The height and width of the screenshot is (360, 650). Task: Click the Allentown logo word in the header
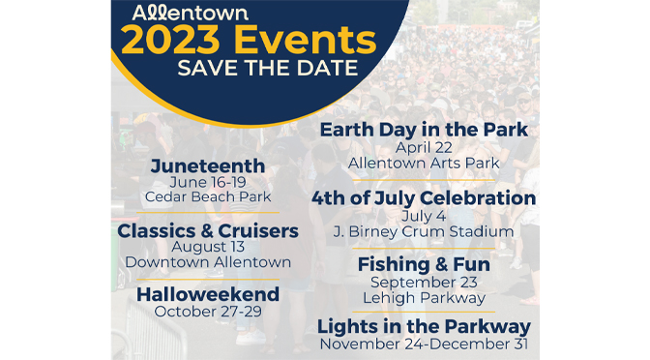click(x=181, y=15)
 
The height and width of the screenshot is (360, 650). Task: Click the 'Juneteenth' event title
click(x=208, y=165)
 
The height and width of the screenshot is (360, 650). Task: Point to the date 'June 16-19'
click(x=208, y=182)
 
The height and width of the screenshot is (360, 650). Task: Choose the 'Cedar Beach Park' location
click(x=208, y=196)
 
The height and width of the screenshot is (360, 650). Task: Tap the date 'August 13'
click(x=208, y=247)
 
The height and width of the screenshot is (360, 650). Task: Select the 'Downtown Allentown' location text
click(x=208, y=262)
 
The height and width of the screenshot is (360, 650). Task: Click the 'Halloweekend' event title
click(x=208, y=293)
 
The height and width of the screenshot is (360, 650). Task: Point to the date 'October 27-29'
click(x=208, y=311)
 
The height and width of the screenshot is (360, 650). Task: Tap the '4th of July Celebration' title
click(x=424, y=198)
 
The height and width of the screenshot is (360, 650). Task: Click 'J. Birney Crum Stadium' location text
click(x=424, y=231)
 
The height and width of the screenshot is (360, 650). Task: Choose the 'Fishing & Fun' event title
click(x=424, y=263)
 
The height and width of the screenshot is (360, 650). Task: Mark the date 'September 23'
click(x=424, y=281)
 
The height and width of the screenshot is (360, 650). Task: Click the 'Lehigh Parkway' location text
click(x=424, y=296)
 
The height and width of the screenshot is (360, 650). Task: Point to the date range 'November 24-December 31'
click(x=424, y=344)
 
